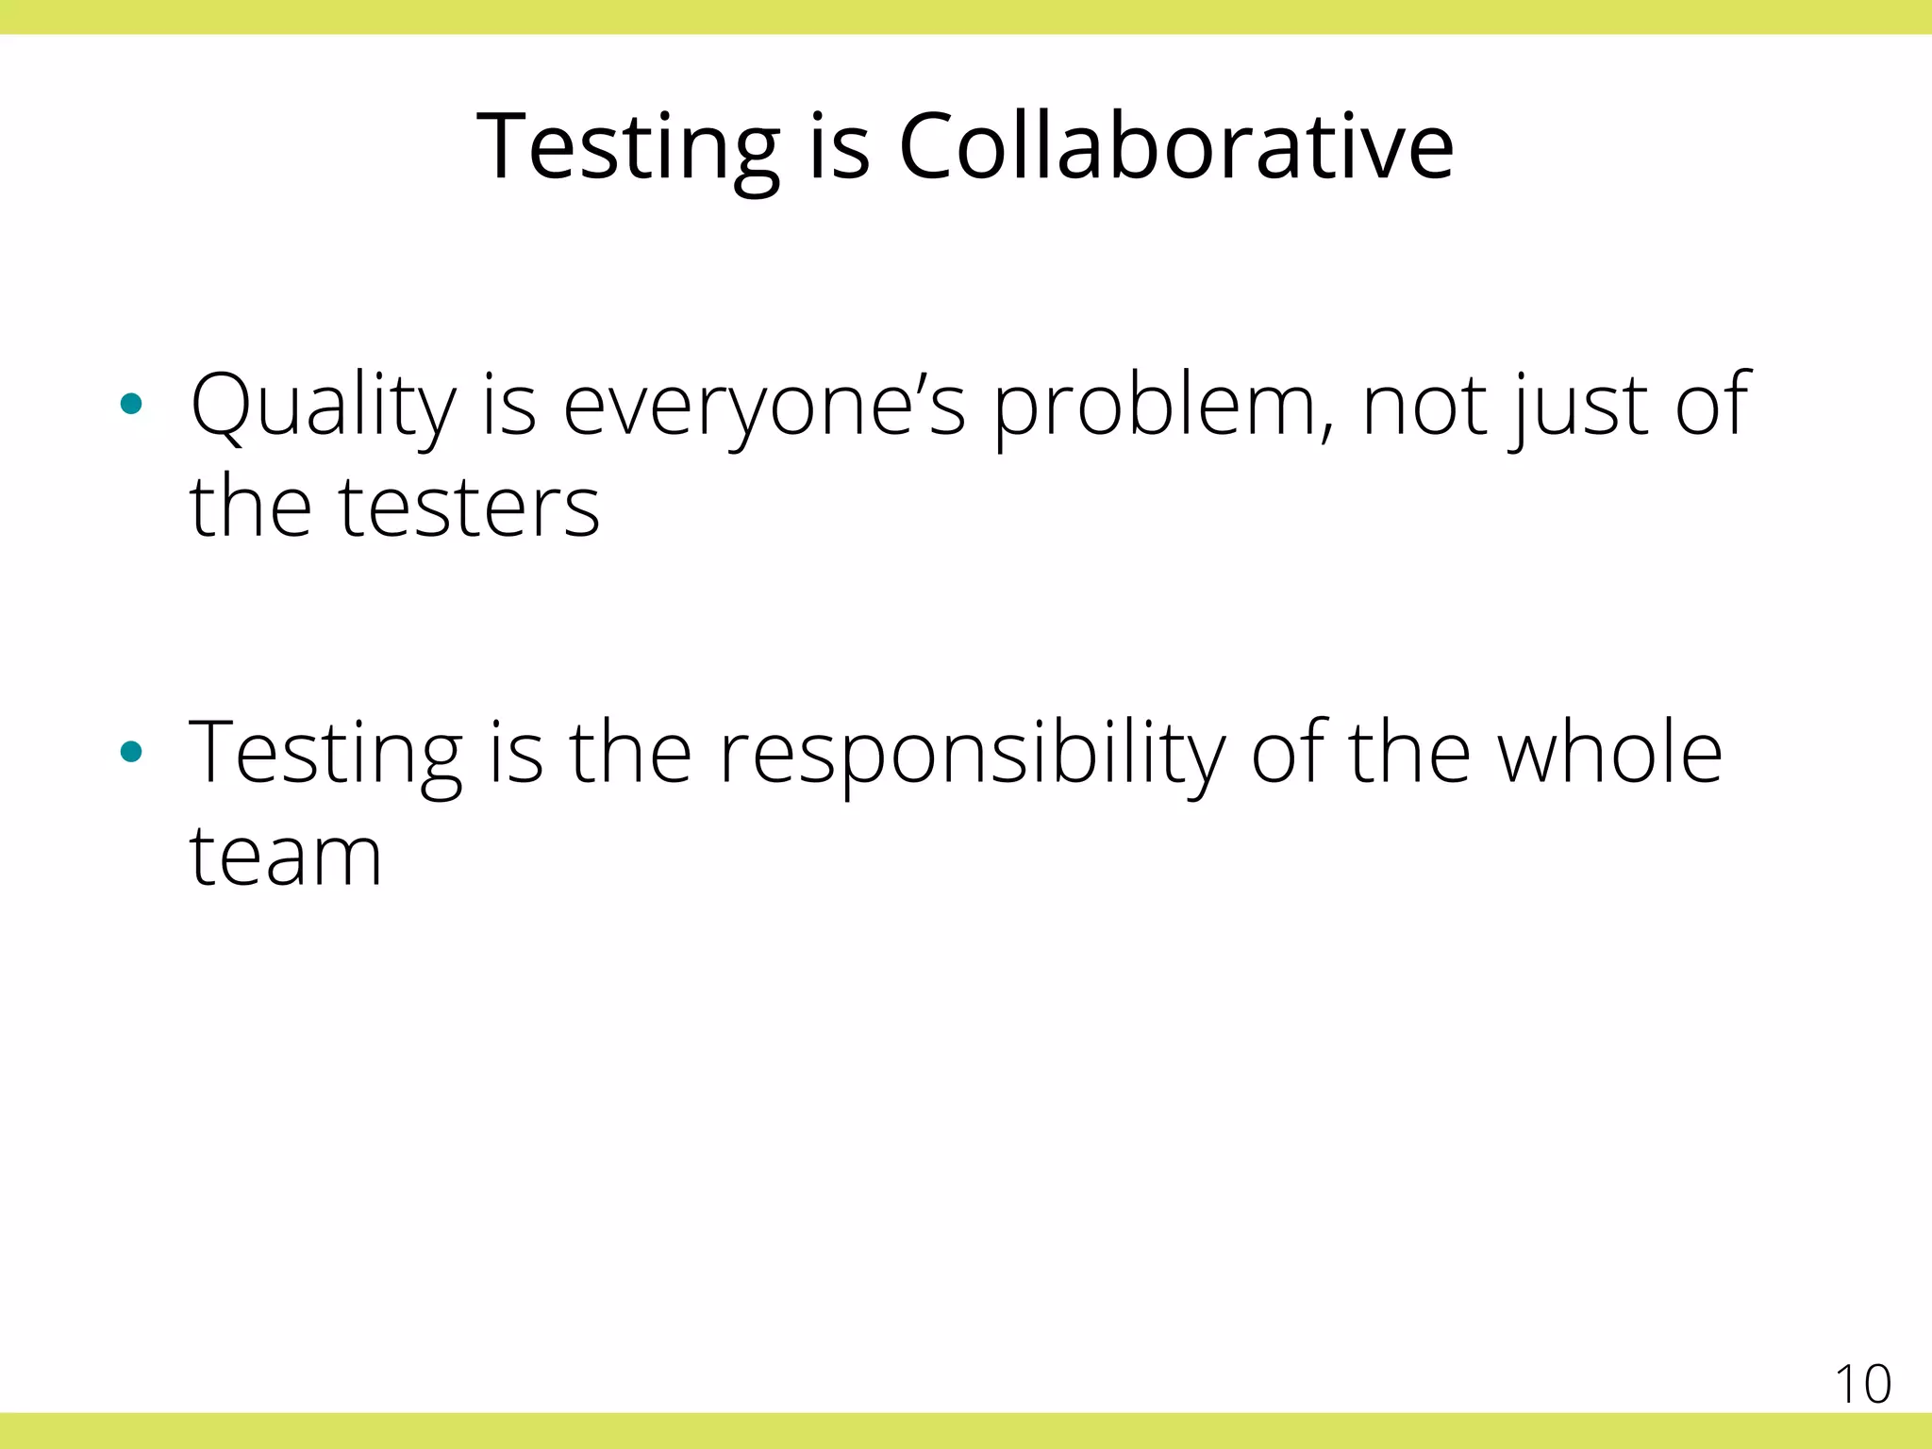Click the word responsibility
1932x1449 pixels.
(972, 755)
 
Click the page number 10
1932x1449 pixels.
(1862, 1385)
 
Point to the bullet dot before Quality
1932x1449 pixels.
(131, 405)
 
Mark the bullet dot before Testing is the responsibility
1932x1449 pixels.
(131, 752)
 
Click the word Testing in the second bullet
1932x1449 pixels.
(325, 755)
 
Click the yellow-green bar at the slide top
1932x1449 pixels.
(966, 17)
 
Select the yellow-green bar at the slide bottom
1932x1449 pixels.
(966, 1430)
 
